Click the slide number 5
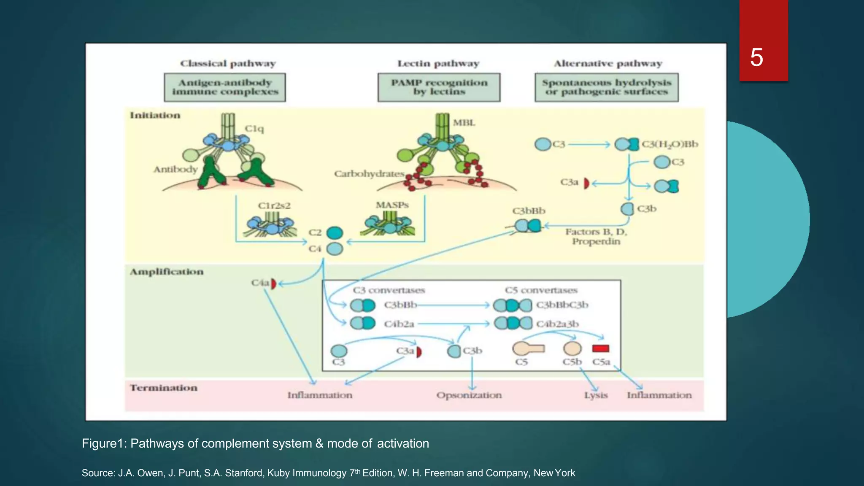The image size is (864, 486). (756, 57)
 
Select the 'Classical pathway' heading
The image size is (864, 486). (228, 64)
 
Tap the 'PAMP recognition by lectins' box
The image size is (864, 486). (439, 87)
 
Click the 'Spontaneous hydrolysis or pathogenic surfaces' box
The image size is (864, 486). (606, 87)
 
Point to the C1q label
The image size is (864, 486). (254, 128)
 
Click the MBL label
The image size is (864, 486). (464, 123)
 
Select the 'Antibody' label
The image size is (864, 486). (175, 169)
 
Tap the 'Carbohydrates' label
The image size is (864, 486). (369, 174)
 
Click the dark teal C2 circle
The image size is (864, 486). (335, 233)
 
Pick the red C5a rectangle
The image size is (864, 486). (600, 348)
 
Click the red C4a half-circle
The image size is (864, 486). (273, 283)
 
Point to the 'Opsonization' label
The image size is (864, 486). (469, 395)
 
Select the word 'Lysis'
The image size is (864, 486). (596, 395)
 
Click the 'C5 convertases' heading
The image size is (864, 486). (541, 290)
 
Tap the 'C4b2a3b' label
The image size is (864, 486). (557, 324)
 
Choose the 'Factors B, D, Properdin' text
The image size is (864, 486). (596, 237)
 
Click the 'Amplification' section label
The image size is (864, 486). (166, 272)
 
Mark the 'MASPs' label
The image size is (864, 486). (392, 205)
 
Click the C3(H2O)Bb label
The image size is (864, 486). (670, 144)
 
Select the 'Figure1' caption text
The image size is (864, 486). (255, 443)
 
